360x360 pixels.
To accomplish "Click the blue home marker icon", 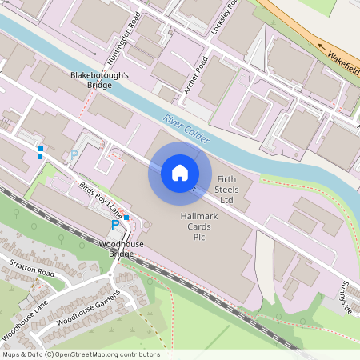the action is pos(180,173).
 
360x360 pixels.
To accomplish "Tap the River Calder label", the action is pos(186,129).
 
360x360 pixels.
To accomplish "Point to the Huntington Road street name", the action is pos(130,30).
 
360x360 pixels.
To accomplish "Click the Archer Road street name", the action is pos(195,76).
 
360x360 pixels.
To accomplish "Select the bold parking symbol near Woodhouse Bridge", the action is pos(114,226).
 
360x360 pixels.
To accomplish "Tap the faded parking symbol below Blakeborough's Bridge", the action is pos(75,155).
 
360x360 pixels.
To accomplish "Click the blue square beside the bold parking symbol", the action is pos(126,218).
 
